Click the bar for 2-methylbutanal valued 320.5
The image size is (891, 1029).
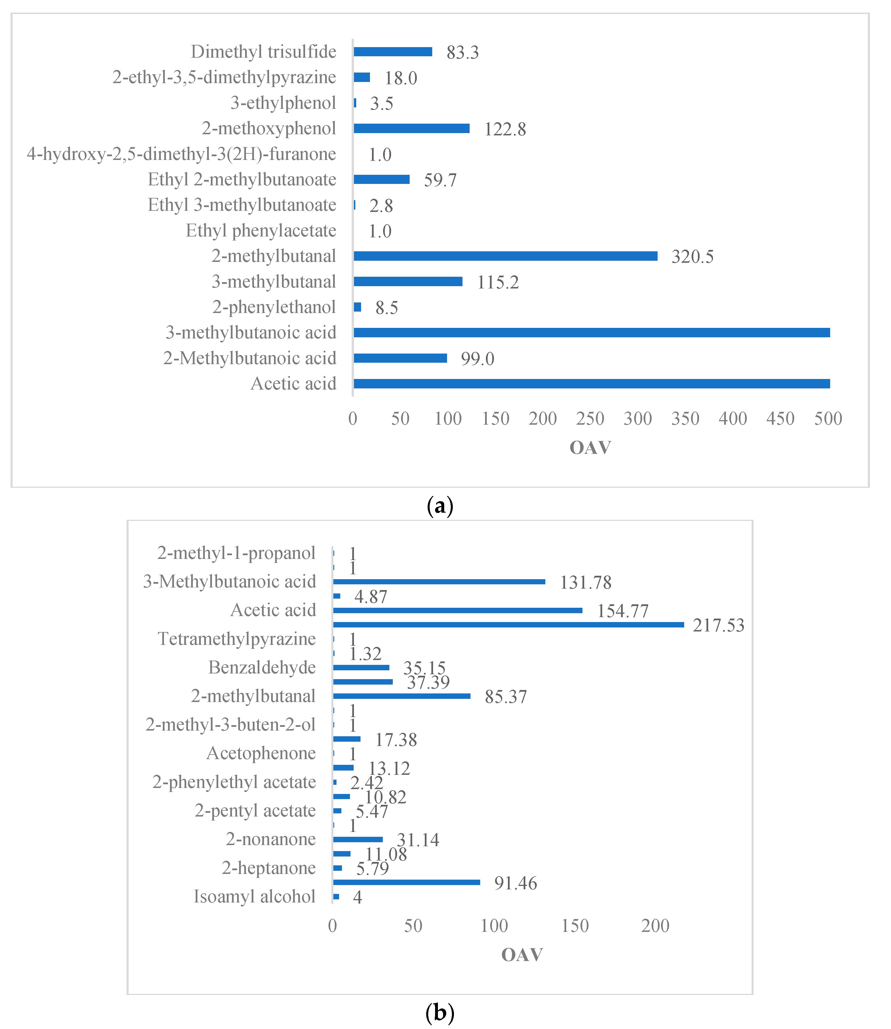tap(505, 256)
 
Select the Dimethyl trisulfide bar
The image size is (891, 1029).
tap(393, 52)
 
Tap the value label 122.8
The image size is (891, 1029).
tap(505, 129)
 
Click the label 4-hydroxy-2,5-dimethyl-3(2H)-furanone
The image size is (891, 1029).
tap(181, 154)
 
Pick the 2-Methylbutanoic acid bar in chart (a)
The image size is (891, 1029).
tap(400, 358)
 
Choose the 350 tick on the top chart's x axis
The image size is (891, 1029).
tap(685, 419)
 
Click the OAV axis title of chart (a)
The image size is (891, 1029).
tap(590, 448)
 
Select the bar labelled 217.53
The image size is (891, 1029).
tap(508, 624)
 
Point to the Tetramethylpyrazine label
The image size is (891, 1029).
tap(237, 639)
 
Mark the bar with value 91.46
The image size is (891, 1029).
tap(407, 882)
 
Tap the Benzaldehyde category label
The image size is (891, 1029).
tap(262, 667)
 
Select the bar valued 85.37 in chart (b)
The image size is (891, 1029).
tap(402, 696)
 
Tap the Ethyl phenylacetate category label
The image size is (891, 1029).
tap(261, 231)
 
